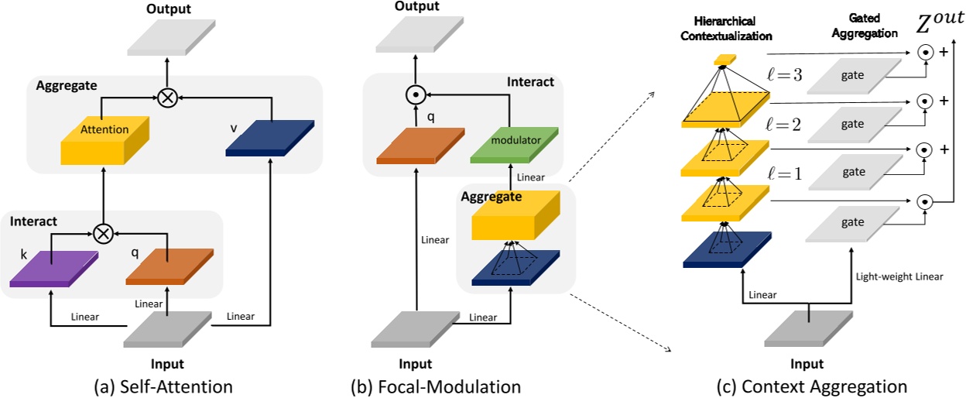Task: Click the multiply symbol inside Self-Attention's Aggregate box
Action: [166, 97]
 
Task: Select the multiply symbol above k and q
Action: [103, 230]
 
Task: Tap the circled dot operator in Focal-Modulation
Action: [417, 96]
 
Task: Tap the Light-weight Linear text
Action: [899, 275]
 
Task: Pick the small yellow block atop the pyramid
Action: [724, 60]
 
